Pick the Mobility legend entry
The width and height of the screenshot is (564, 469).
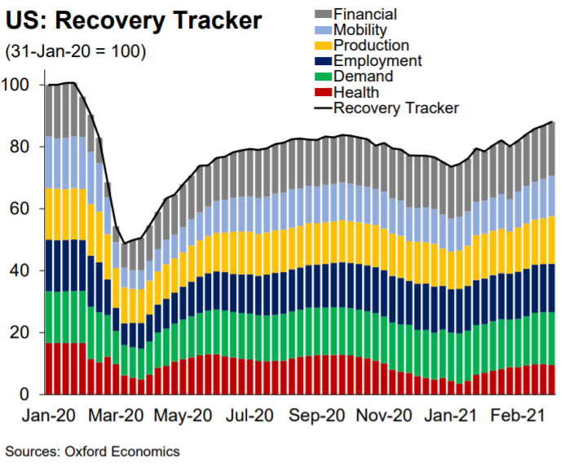(x=363, y=29)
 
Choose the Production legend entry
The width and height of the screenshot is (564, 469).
(x=372, y=45)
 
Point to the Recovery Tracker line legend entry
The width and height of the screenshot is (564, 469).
(x=396, y=107)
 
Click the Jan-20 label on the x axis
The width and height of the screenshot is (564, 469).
(x=49, y=415)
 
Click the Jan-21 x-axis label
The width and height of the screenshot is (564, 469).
(x=450, y=415)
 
